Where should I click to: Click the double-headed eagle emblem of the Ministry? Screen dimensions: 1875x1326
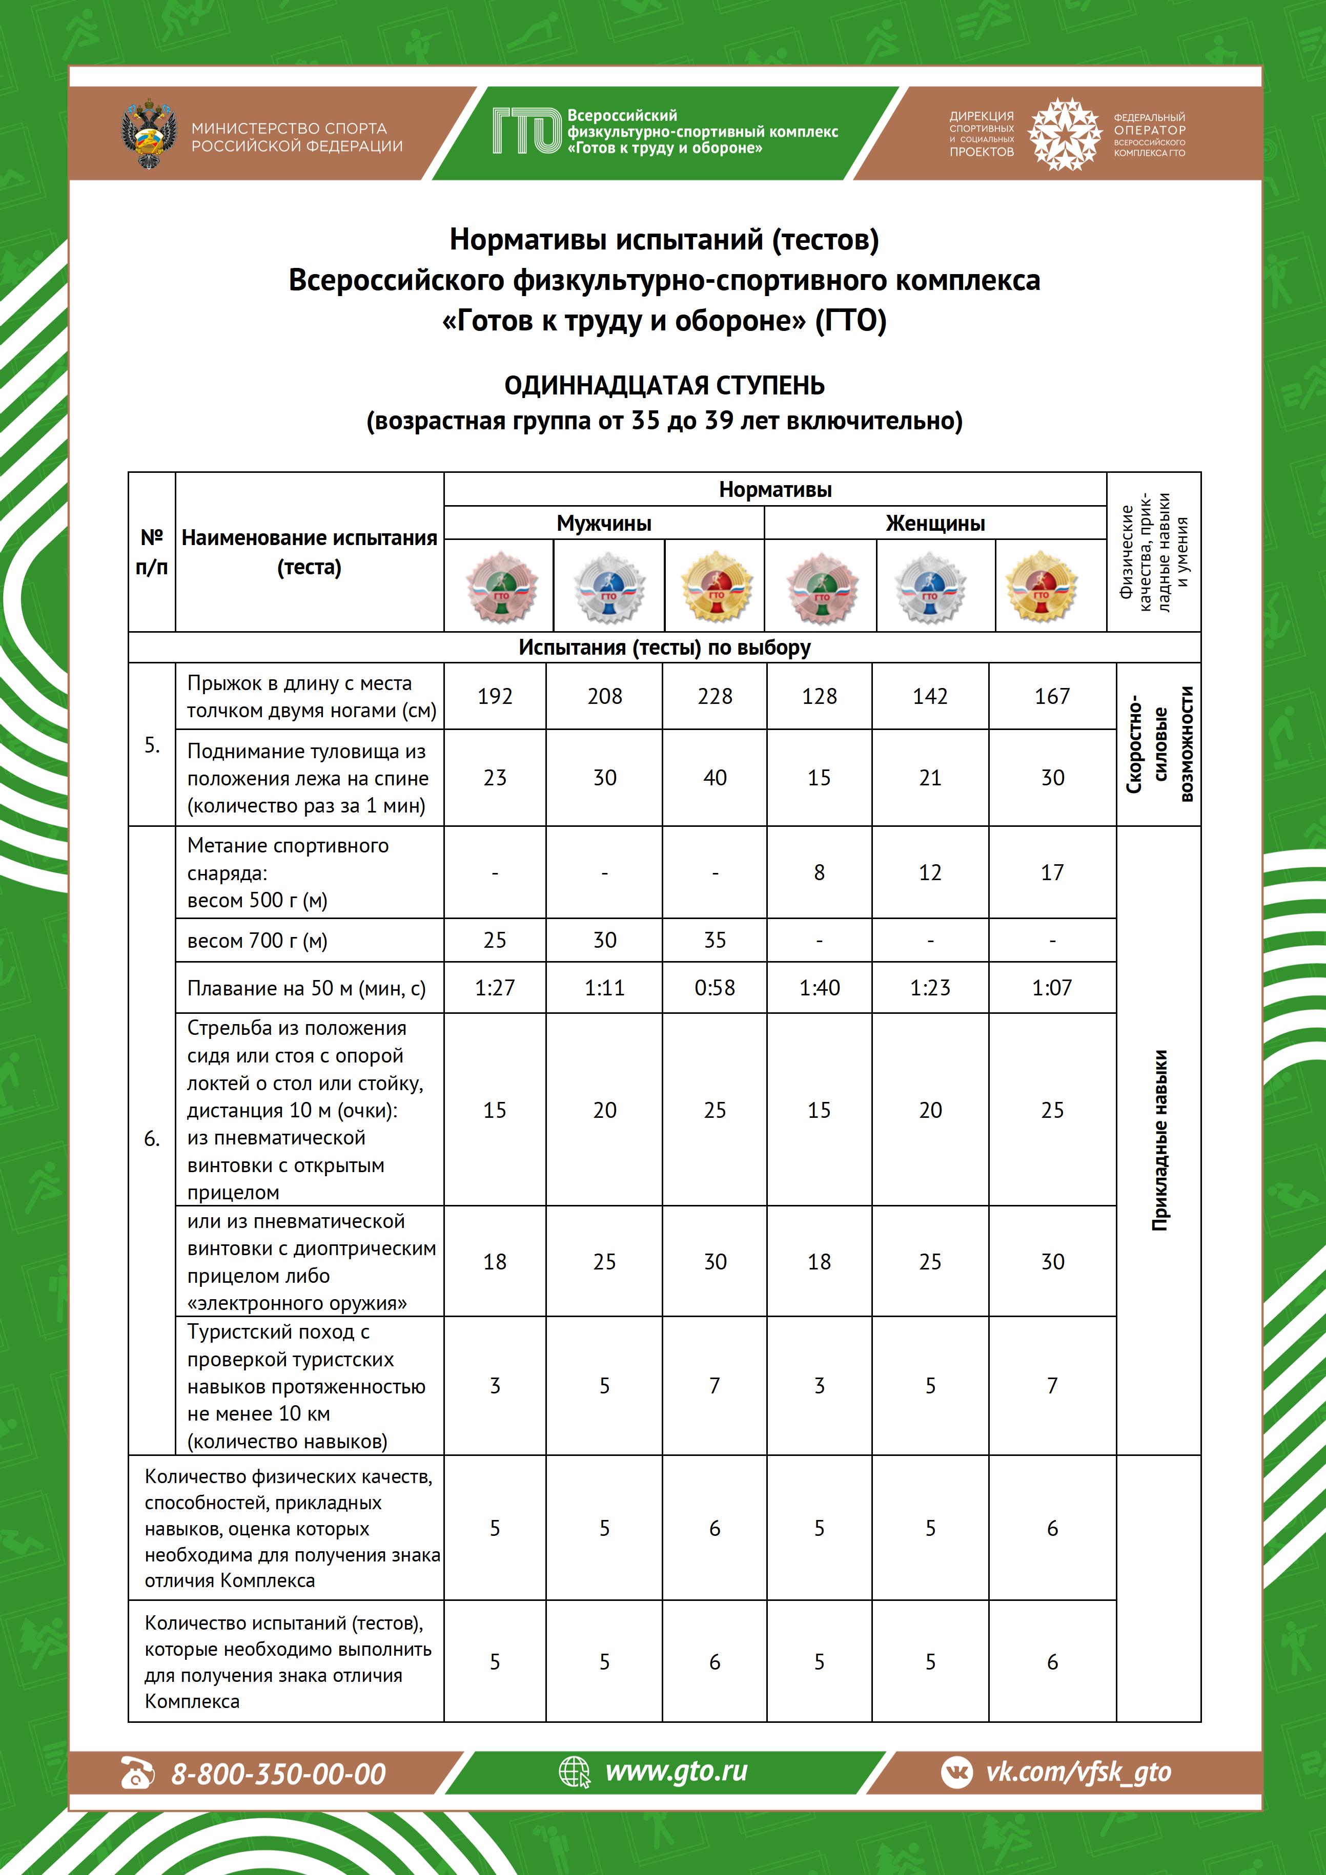coord(149,135)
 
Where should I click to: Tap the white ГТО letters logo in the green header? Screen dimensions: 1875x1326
coord(527,132)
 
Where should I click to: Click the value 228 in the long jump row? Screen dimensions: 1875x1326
coord(715,697)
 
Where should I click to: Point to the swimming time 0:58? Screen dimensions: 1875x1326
coord(715,988)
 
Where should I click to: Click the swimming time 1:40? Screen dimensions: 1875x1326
coord(820,988)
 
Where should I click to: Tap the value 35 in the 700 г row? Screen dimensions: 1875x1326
coord(715,941)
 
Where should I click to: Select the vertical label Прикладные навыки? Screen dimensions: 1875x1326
coord(1159,1140)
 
